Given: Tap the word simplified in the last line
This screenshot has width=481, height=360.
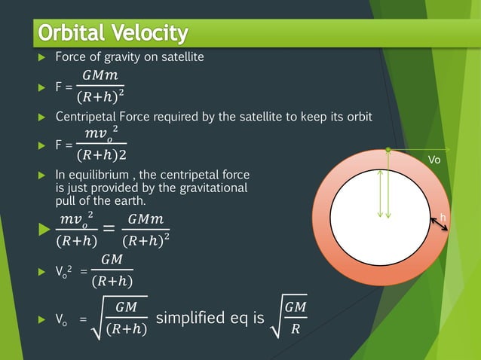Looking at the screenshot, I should (193, 318).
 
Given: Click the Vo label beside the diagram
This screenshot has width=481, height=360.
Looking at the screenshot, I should (435, 160).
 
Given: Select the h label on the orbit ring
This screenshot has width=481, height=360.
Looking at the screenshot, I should (443, 217).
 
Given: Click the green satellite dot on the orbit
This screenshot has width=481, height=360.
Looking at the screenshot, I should (388, 150).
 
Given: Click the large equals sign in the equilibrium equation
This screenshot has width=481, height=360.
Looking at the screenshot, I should (109, 230).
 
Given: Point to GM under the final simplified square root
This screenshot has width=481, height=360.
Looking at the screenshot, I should (295, 309).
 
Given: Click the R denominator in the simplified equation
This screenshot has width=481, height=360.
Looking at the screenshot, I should (295, 328).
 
